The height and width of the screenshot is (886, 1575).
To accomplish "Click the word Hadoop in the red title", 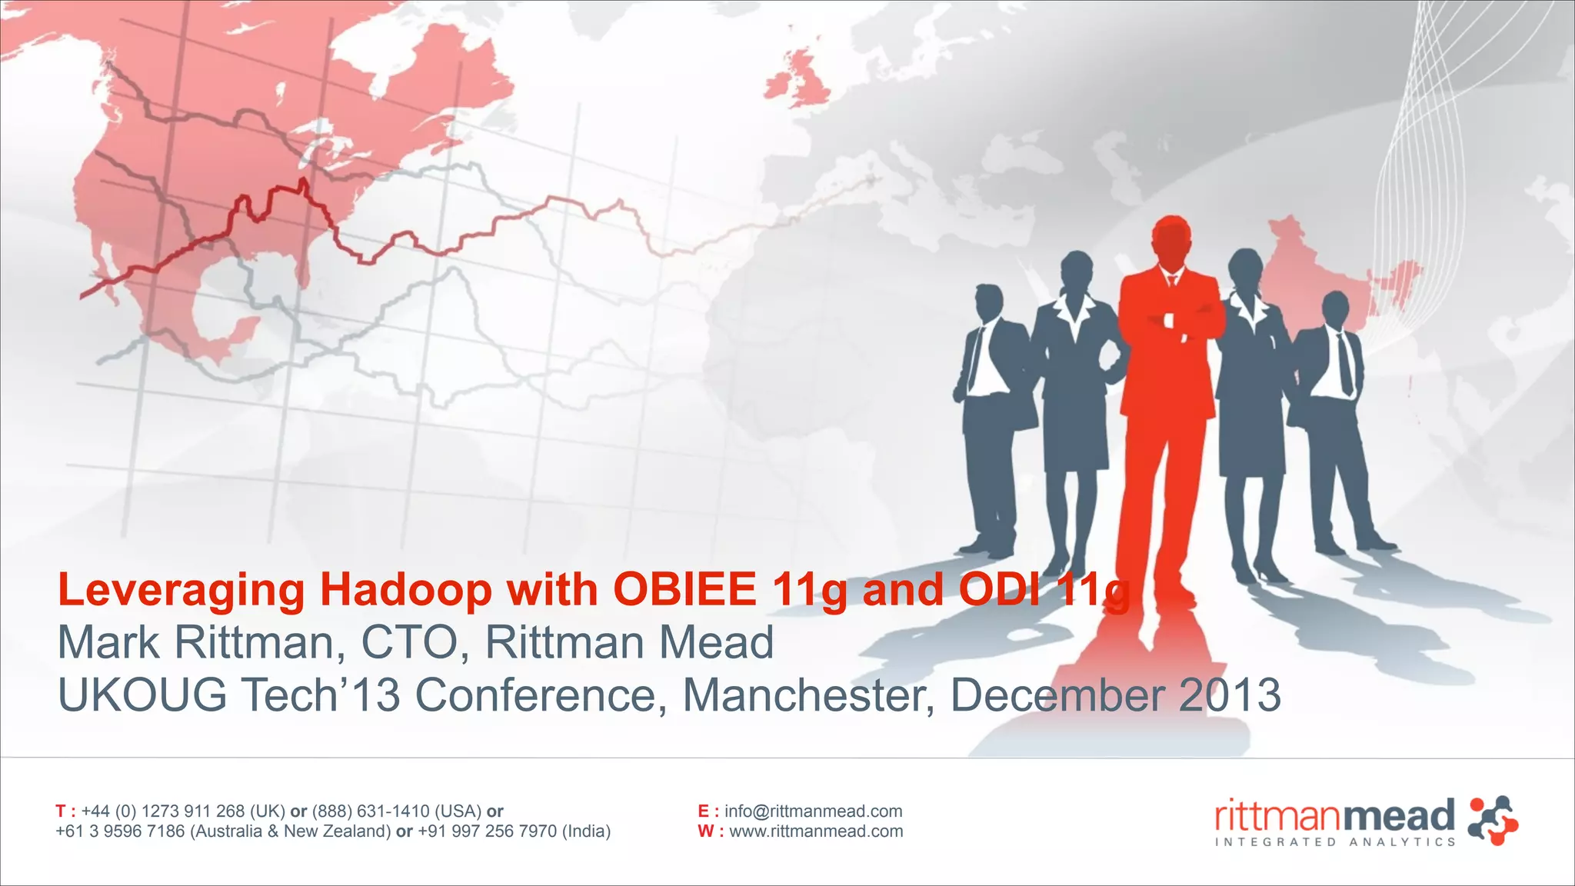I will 405,591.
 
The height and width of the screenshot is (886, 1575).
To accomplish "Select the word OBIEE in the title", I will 684,591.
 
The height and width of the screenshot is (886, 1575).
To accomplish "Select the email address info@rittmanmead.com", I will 813,811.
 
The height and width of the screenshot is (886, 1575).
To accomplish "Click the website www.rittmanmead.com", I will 815,831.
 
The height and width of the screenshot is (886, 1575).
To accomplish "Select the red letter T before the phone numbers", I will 61,811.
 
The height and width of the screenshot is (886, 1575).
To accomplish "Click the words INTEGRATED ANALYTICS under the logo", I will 1334,842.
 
